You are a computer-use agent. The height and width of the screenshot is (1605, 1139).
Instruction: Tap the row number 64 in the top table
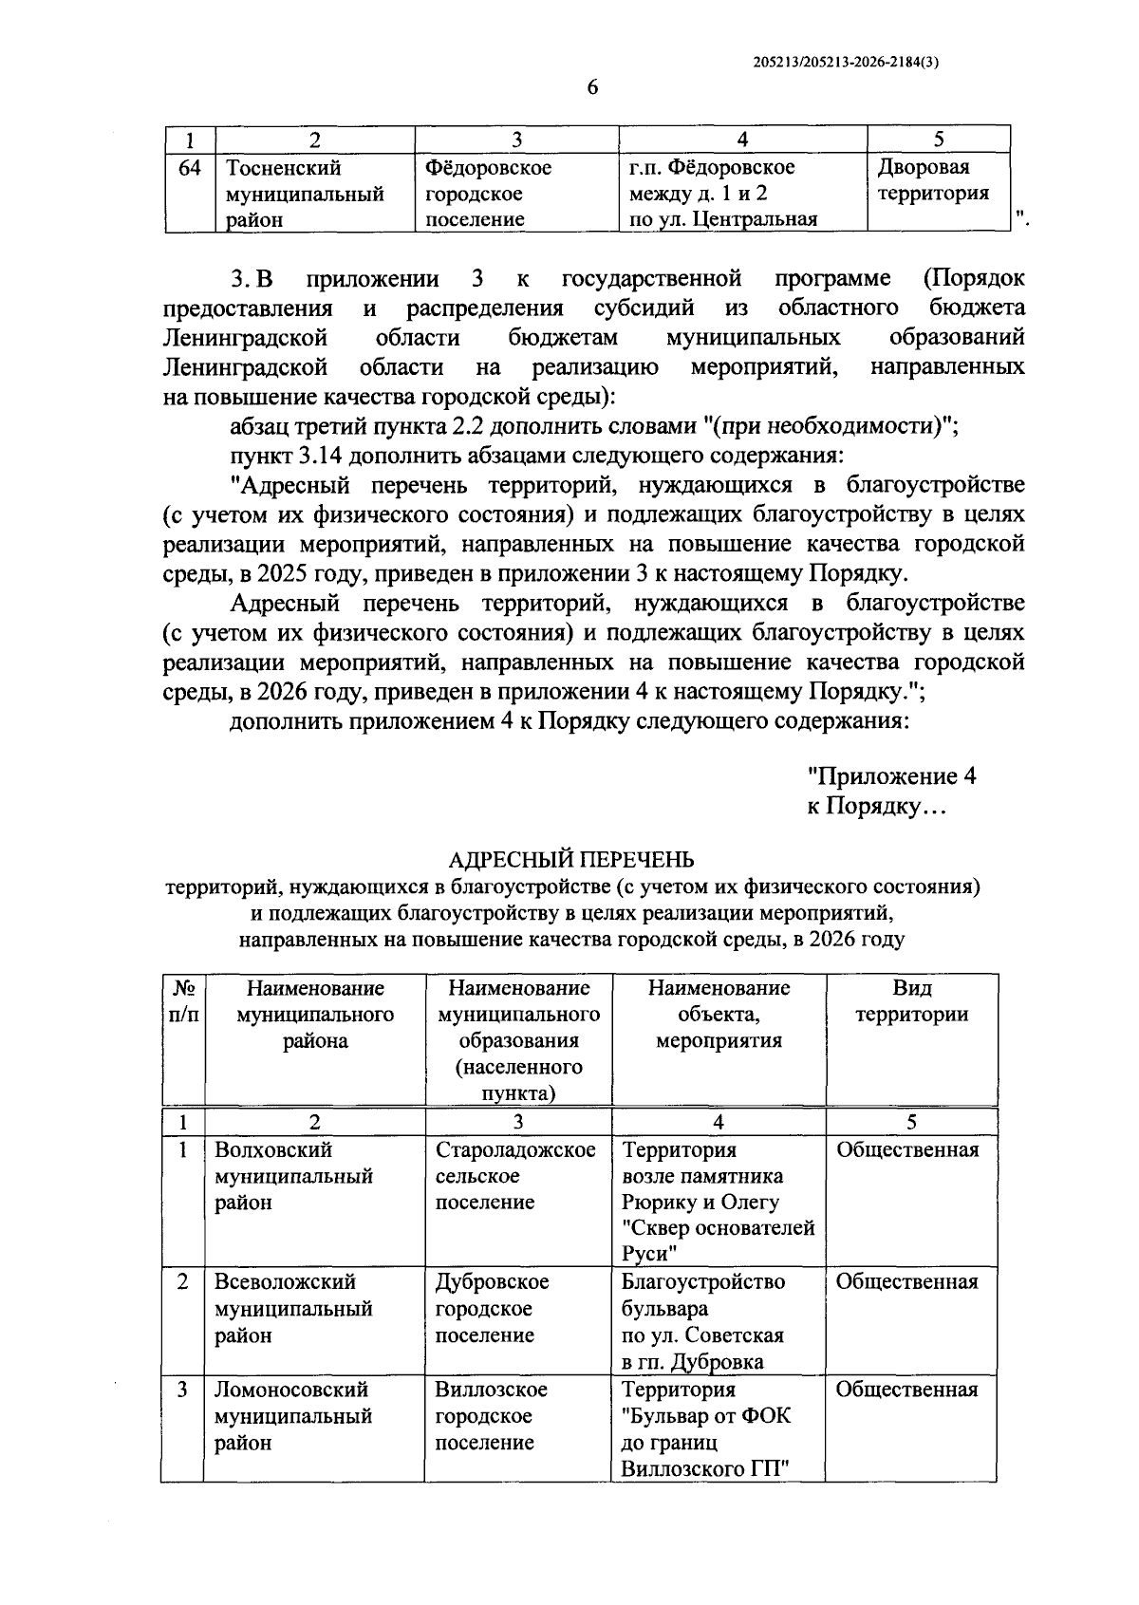190,168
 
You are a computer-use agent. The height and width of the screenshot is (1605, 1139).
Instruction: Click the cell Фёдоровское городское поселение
488,195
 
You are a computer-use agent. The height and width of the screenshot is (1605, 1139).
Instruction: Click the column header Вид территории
911,1001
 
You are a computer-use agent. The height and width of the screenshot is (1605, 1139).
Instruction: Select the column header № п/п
183,1001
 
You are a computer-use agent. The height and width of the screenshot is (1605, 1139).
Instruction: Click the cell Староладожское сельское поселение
515,1176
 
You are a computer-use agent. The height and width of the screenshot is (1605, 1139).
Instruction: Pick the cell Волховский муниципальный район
293,1176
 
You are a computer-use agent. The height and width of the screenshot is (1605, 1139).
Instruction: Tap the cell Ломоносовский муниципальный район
293,1416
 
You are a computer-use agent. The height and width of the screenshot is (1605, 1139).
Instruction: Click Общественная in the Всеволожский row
906,1282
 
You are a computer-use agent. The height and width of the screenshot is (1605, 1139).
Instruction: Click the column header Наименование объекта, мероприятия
719,1015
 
